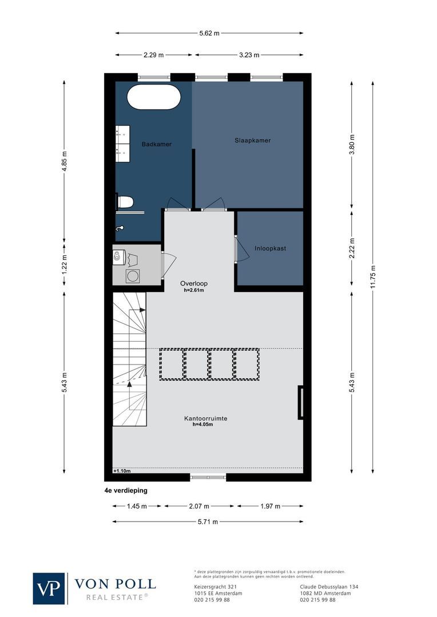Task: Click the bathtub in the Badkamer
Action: (x=153, y=97)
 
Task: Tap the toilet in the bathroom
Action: (x=125, y=201)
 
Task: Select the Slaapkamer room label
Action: (x=252, y=141)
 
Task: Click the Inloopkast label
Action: (x=270, y=249)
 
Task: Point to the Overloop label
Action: (x=194, y=283)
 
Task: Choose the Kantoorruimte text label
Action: (x=205, y=418)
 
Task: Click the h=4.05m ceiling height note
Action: (x=202, y=425)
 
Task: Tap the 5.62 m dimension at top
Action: (x=209, y=33)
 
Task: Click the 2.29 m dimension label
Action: (x=153, y=55)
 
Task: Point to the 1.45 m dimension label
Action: (x=137, y=506)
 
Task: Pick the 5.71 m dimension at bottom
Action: (x=208, y=522)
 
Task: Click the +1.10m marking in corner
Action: (x=122, y=471)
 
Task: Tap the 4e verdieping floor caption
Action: (x=126, y=490)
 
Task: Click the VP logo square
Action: (x=49, y=588)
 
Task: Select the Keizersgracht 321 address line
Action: (x=212, y=587)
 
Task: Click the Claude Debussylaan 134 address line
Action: (x=329, y=587)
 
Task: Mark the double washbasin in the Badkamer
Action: (x=122, y=141)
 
